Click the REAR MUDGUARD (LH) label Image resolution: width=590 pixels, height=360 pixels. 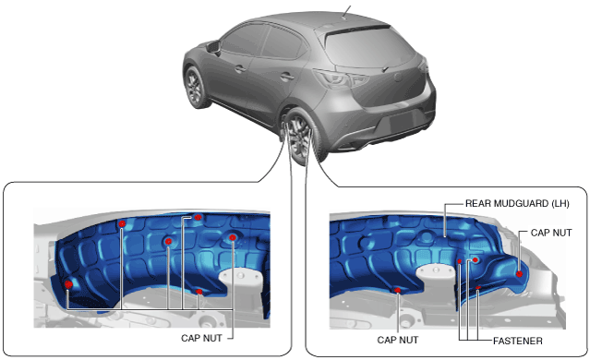(517, 203)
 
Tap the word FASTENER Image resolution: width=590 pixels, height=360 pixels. (518, 342)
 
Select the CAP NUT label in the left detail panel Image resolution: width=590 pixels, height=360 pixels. (201, 338)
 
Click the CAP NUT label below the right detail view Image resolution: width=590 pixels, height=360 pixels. (398, 340)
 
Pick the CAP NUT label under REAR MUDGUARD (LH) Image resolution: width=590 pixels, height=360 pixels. (551, 233)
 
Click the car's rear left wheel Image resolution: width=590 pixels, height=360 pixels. (301, 137)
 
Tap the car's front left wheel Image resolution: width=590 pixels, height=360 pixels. (195, 87)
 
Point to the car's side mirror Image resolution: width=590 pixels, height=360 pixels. (213, 47)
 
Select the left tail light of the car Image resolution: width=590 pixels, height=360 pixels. (341, 78)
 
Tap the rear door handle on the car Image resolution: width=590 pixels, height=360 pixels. (287, 78)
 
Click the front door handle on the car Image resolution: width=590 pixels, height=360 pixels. (240, 69)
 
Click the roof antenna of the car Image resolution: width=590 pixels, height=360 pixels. (346, 11)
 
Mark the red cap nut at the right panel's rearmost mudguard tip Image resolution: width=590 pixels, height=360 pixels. (519, 274)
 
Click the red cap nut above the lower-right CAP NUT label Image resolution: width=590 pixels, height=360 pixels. (397, 290)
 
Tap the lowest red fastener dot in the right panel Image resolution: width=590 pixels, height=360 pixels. (478, 288)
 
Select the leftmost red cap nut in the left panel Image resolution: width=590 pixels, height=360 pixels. (68, 284)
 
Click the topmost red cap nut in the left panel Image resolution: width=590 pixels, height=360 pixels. (199, 217)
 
